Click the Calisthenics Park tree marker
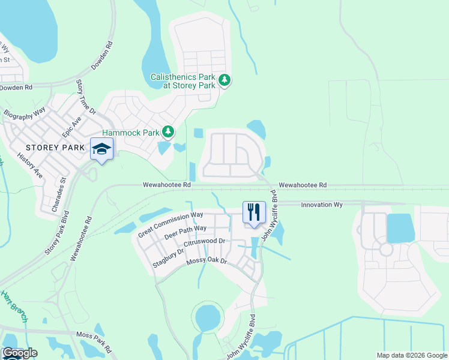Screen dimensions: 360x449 pyautogui.click(x=224, y=80)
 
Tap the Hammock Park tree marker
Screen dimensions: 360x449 pyautogui.click(x=169, y=131)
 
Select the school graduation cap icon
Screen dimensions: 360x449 pyautogui.click(x=101, y=149)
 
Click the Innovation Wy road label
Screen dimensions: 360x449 pyautogui.click(x=321, y=205)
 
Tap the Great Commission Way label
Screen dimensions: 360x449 pyautogui.click(x=171, y=223)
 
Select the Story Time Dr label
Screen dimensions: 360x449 pyautogui.click(x=84, y=96)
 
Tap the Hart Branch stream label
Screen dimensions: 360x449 pyautogui.click(x=13, y=306)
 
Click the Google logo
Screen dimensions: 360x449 pyautogui.click(x=19, y=353)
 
